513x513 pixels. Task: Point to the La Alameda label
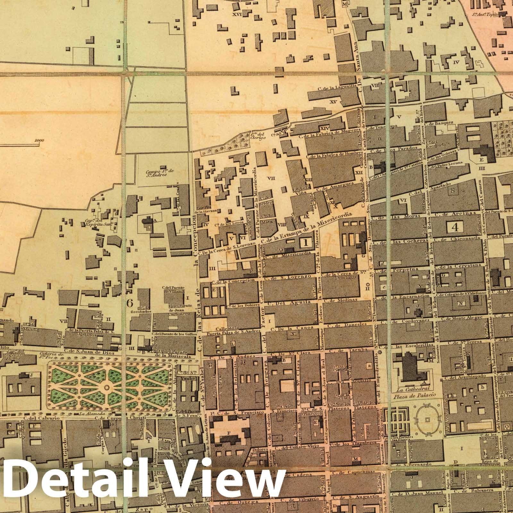tap(87, 414)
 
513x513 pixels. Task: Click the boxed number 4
tap(455, 227)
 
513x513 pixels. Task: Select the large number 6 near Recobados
tap(130, 302)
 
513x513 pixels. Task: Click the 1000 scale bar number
tap(40, 140)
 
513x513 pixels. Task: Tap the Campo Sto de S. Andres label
tap(159, 173)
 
